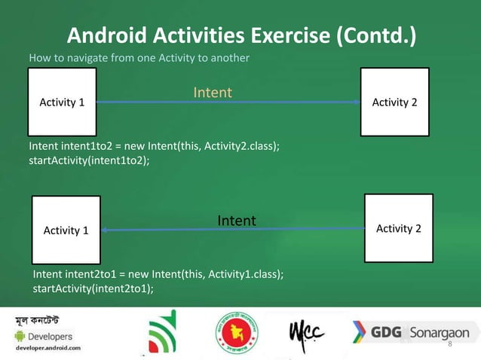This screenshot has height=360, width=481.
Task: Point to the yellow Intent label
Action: point(212,93)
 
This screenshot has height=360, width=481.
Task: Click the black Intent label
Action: point(237,221)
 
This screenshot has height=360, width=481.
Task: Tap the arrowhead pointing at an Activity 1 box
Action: point(106,230)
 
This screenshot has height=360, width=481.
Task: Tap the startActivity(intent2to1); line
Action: point(88,288)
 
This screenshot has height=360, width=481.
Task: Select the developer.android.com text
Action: point(51,349)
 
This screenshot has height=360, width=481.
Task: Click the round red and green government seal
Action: point(236,331)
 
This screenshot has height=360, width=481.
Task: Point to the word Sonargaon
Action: point(440,333)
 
